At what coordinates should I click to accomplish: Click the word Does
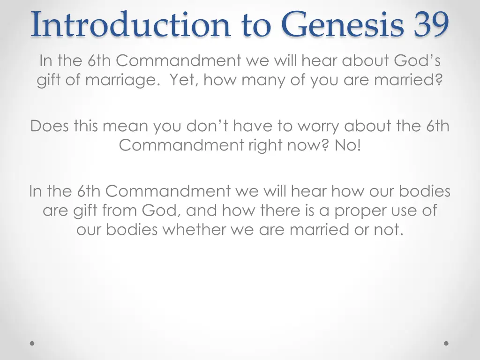50,126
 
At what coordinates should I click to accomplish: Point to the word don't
207,126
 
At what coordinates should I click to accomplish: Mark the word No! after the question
348,145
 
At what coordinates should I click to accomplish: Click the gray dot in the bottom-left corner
32,343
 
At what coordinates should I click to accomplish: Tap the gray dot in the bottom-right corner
446,343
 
